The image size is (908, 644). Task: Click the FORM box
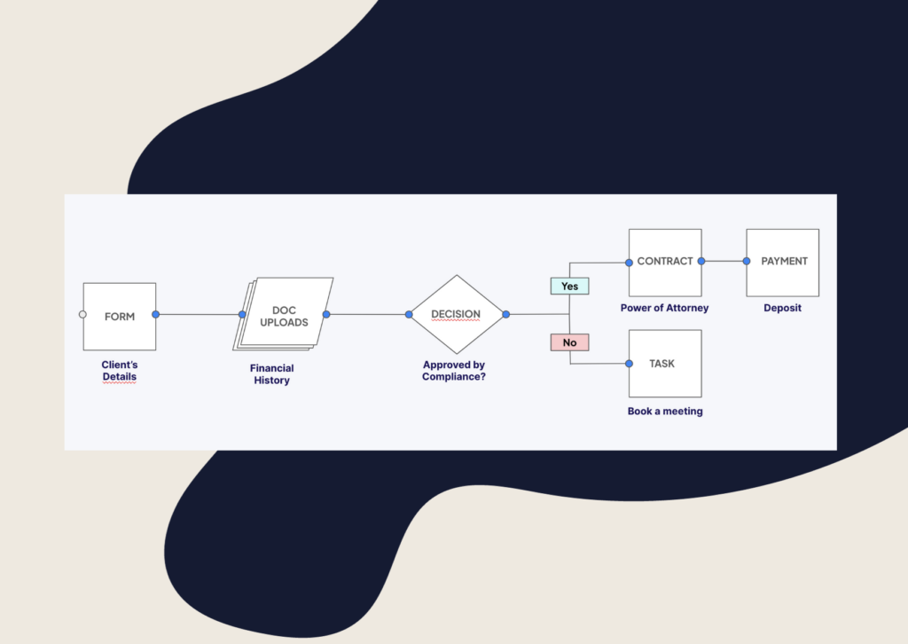click(120, 317)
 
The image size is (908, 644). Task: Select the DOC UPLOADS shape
click(285, 316)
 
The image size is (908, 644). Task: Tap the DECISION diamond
click(456, 314)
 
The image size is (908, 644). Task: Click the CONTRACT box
click(665, 262)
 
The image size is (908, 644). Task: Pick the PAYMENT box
click(783, 262)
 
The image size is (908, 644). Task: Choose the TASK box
click(665, 364)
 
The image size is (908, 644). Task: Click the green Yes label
click(569, 287)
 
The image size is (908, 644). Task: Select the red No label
click(569, 342)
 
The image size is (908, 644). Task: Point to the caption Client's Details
click(120, 371)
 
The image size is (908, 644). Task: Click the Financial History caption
click(271, 374)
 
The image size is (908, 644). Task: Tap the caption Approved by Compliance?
click(454, 371)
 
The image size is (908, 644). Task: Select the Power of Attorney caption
click(664, 309)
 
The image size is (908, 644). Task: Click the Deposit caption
click(782, 309)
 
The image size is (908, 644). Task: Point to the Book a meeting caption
click(665, 412)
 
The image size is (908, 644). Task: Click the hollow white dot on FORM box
click(82, 314)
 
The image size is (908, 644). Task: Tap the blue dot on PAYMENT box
click(747, 262)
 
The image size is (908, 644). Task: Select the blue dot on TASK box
click(629, 364)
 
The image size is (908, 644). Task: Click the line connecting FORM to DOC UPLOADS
click(199, 314)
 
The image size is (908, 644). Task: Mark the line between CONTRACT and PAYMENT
click(724, 262)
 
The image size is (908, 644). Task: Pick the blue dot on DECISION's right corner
click(505, 314)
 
